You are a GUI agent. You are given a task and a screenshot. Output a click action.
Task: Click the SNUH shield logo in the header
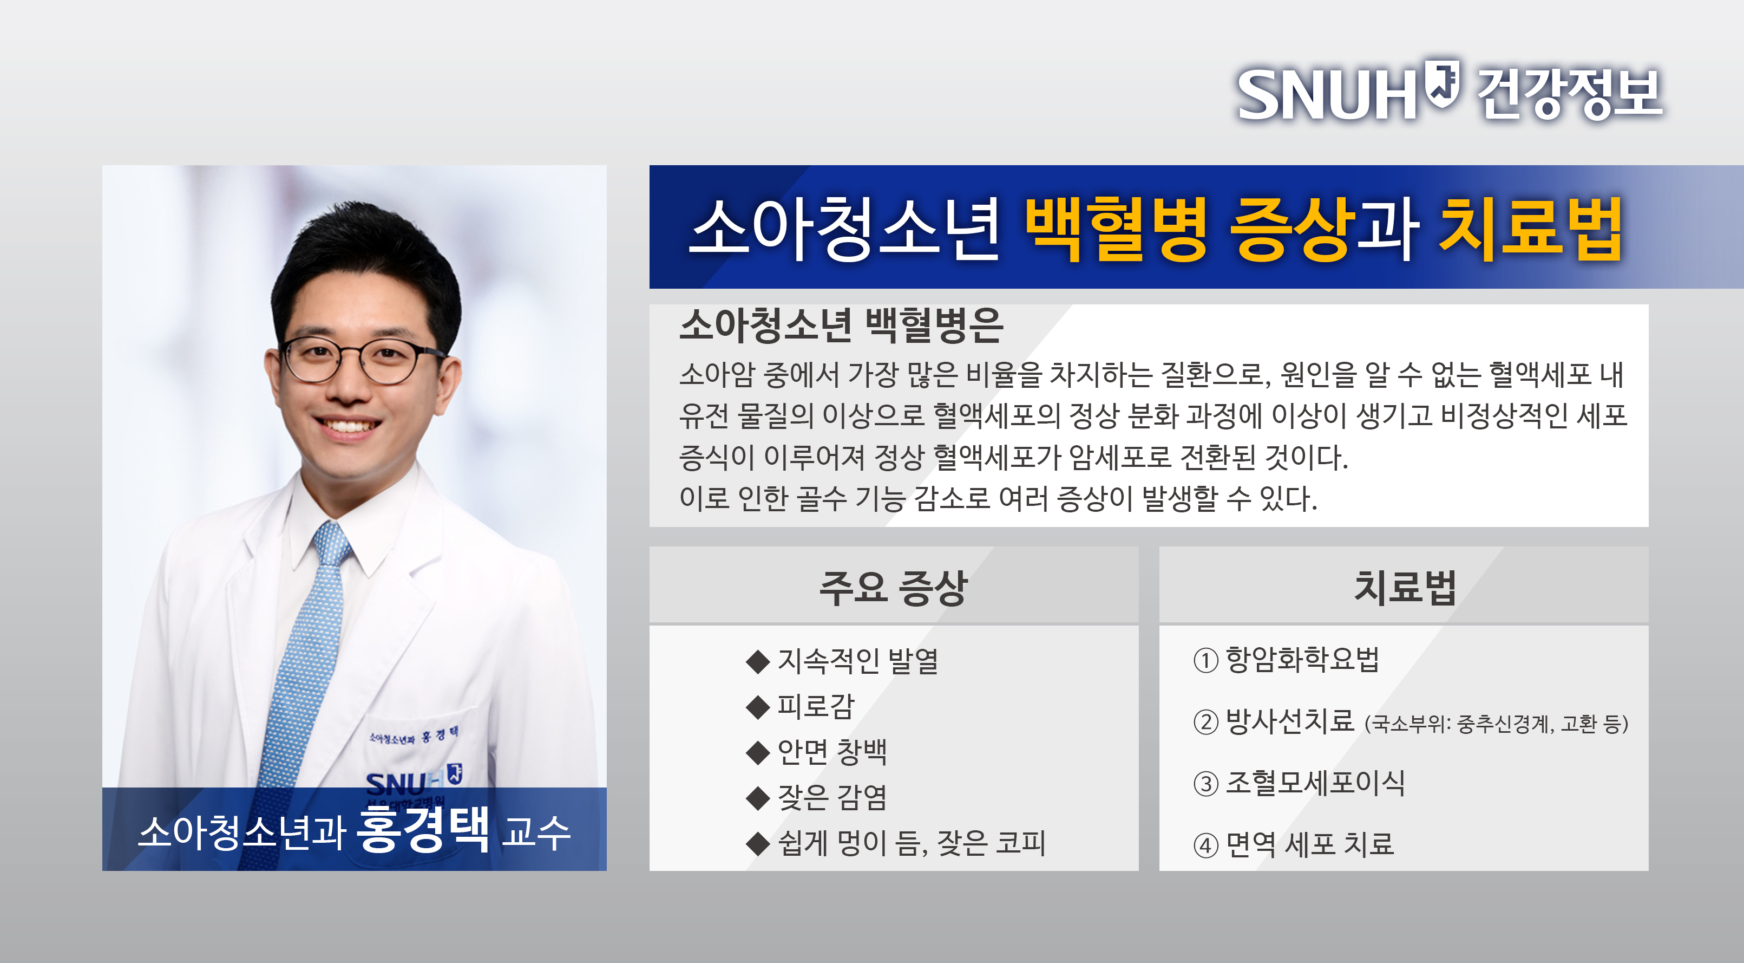pyautogui.click(x=1441, y=84)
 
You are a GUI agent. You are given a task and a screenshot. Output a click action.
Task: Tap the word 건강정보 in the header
pyautogui.click(x=1569, y=94)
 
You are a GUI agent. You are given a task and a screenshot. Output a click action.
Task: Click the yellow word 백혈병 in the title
pyautogui.click(x=1117, y=229)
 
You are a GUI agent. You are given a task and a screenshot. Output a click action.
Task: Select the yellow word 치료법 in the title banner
pyautogui.click(x=1531, y=229)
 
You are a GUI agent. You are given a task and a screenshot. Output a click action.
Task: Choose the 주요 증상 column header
pyautogui.click(x=894, y=587)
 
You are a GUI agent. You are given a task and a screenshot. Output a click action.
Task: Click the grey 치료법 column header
pyautogui.click(x=1405, y=587)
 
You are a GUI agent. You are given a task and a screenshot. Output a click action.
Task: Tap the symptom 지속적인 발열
pyautogui.click(x=858, y=661)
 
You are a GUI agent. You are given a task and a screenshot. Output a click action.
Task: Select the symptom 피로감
pyautogui.click(x=816, y=706)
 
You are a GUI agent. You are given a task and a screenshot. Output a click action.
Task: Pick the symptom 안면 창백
pyautogui.click(x=832, y=752)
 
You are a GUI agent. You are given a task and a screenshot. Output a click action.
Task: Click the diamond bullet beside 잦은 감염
pyautogui.click(x=758, y=798)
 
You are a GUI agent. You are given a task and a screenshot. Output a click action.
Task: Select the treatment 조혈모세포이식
pyautogui.click(x=1315, y=783)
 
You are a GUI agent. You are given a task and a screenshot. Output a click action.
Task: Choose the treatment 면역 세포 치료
pyautogui.click(x=1310, y=844)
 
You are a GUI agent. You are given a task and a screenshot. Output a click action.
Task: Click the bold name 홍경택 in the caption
pyautogui.click(x=422, y=829)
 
